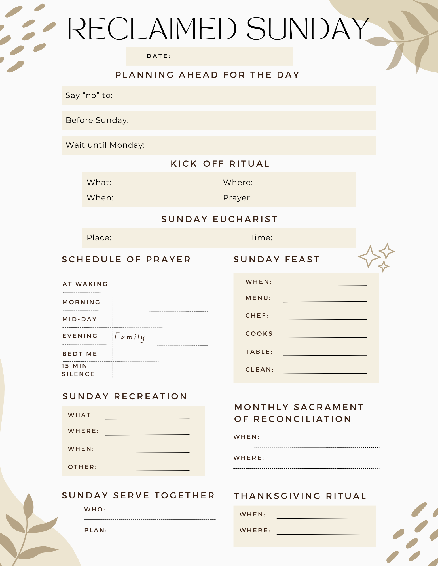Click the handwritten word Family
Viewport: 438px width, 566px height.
pos(130,336)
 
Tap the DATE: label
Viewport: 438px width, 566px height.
pos(158,56)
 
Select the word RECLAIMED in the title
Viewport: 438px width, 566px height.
pos(152,29)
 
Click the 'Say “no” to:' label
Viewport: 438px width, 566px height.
pos(89,95)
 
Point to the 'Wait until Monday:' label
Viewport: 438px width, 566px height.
pos(105,145)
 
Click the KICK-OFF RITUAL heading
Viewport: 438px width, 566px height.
pos(220,164)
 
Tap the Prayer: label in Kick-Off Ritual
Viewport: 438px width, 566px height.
pos(237,198)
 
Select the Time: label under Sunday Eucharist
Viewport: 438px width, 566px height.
pos(261,237)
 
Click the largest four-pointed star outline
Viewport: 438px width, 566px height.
pos(369,256)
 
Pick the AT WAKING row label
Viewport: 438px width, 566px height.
pos(85,284)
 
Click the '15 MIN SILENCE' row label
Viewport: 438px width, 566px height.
pos(78,370)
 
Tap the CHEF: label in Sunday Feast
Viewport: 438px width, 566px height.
pos(257,316)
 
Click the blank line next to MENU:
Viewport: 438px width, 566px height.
pos(325,301)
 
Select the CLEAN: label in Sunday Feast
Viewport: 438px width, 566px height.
pos(259,370)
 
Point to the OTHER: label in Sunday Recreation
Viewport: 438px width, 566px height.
pos(82,467)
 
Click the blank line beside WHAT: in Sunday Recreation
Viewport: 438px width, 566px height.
pos(147,418)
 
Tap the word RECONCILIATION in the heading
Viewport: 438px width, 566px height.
pos(302,419)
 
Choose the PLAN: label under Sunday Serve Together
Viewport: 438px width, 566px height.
pos(96,530)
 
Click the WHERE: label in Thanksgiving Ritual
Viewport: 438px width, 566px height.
pos(255,530)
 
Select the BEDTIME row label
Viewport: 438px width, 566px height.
pos(80,354)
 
